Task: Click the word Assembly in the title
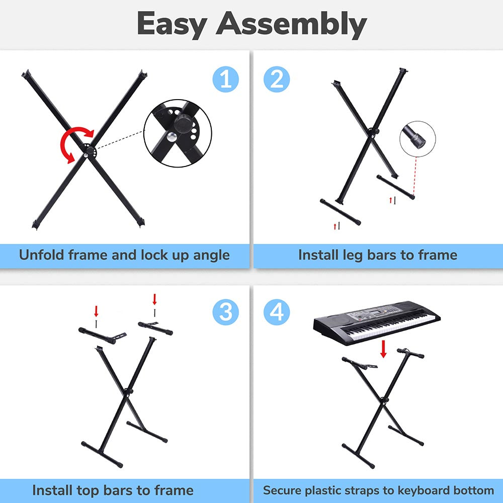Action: point(292,24)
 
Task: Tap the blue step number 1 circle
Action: point(226,79)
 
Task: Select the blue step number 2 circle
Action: point(277,79)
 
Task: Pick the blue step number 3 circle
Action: point(226,312)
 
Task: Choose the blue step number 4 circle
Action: point(277,312)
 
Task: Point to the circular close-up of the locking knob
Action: point(178,133)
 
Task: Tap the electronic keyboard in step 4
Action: point(377,322)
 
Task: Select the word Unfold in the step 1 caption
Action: point(42,255)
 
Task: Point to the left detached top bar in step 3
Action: point(97,335)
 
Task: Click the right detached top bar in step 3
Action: point(156,328)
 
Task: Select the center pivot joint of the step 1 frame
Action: point(89,150)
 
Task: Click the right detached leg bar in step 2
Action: point(396,187)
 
